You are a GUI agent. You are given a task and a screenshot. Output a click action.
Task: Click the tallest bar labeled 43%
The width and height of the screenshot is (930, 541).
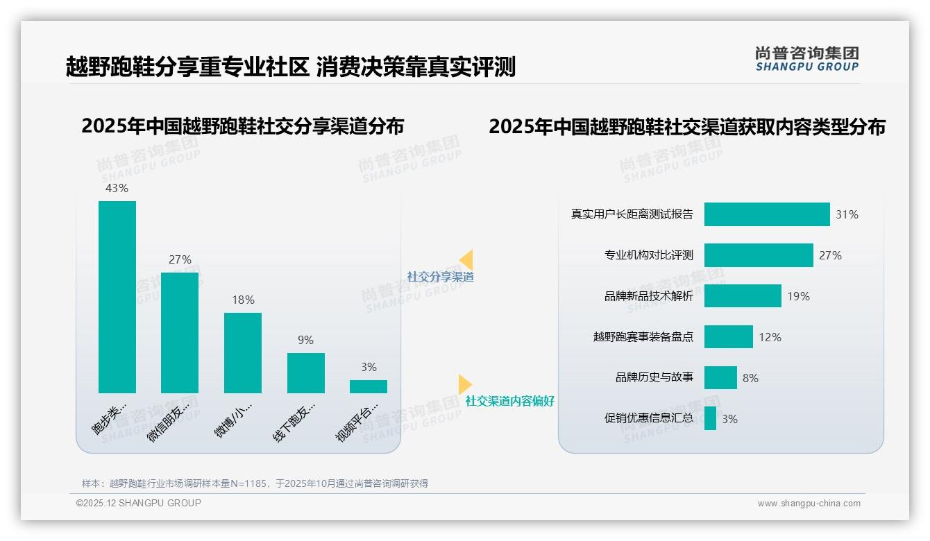117,297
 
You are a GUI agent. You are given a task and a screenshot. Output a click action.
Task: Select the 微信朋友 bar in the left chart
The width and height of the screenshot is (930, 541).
180,333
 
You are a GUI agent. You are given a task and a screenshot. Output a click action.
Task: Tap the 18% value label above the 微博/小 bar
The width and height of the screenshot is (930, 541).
243,300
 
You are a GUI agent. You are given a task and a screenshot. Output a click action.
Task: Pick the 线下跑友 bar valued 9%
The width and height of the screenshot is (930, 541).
306,373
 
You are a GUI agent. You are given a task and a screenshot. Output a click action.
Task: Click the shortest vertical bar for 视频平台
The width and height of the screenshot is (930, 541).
369,386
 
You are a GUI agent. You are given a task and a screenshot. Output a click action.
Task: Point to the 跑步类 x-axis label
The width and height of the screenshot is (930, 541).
111,417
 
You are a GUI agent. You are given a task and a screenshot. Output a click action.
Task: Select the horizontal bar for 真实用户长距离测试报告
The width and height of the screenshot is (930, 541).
767,214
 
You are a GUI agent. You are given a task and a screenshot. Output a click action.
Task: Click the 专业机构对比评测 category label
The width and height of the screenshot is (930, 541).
648,255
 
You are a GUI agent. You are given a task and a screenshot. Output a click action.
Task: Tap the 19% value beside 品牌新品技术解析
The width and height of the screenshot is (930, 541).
798,296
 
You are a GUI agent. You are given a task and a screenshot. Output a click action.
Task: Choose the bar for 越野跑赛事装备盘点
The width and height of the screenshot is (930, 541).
728,337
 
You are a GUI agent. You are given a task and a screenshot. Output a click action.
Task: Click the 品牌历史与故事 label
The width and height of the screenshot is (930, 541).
654,378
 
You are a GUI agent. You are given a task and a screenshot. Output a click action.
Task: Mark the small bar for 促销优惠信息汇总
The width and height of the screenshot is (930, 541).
710,418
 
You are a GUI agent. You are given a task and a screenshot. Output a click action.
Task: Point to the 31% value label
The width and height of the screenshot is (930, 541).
847,214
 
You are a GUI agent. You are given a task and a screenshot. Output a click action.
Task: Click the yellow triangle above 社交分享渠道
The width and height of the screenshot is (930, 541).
466,259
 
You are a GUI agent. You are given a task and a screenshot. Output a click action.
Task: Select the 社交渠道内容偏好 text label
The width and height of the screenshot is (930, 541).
510,401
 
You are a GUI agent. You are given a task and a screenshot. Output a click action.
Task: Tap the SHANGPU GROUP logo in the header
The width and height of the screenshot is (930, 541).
806,59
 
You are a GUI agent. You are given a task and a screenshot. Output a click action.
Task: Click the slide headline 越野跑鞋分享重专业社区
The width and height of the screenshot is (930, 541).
187,67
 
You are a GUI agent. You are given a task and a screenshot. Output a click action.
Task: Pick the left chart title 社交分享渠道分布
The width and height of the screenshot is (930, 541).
242,126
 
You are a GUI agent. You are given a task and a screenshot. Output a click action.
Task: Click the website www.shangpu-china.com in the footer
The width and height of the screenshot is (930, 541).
809,504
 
